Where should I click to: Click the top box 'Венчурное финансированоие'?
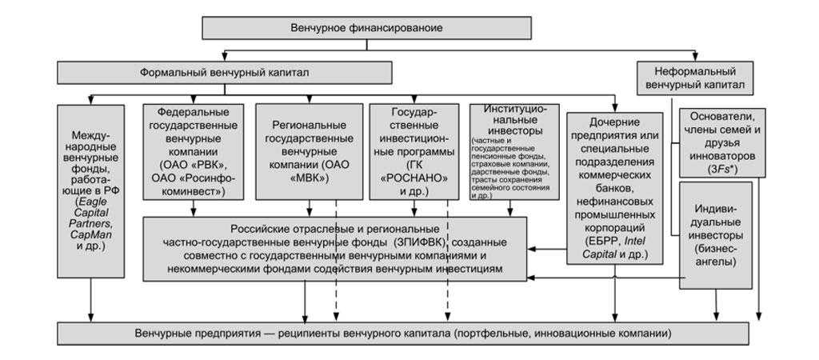pyautogui.click(x=366, y=28)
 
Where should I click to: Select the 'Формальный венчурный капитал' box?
pyautogui.click(x=224, y=73)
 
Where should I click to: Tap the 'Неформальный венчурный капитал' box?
pyautogui.click(x=694, y=78)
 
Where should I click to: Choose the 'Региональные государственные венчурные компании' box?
pyautogui.click(x=308, y=151)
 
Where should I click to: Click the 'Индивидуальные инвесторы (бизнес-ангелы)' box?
pyautogui.click(x=715, y=235)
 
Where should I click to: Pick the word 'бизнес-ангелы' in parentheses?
pyautogui.click(x=715, y=255)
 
